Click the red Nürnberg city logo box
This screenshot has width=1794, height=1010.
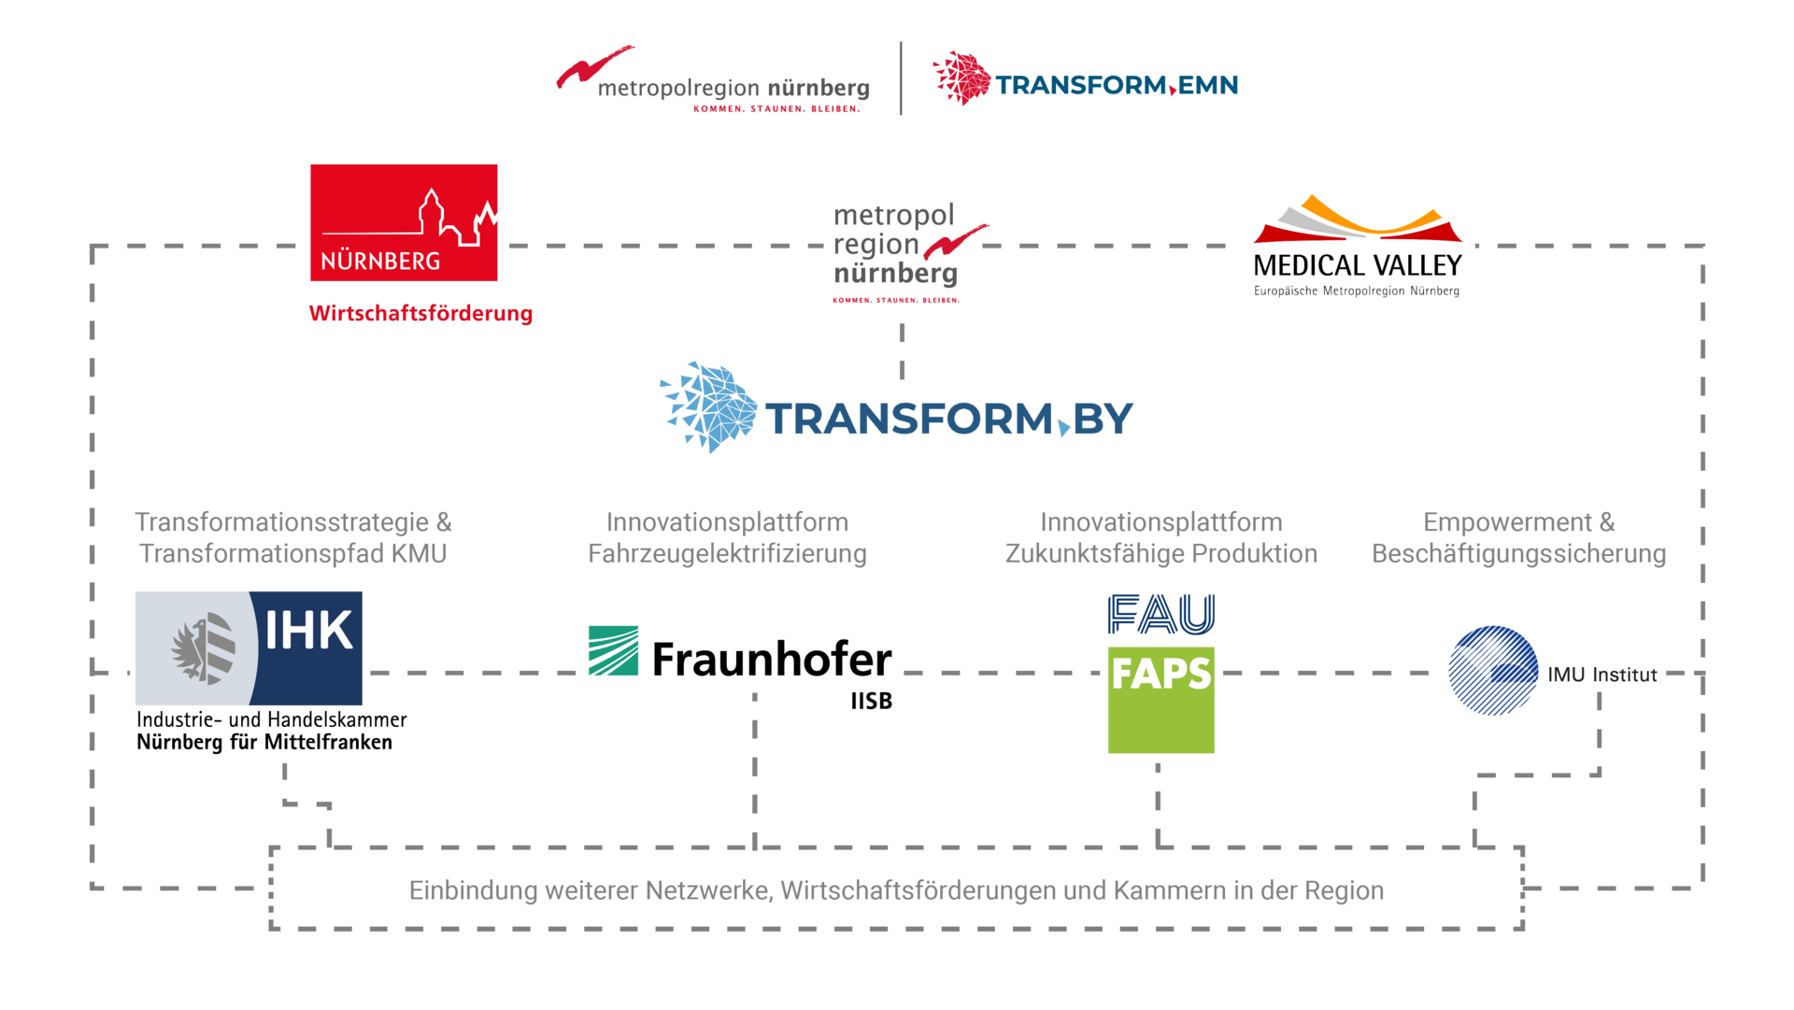[x=404, y=222]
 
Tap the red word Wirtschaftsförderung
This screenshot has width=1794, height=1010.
[x=420, y=313]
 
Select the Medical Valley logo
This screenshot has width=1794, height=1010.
[x=1358, y=246]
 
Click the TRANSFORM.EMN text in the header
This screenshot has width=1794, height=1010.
[x=1117, y=85]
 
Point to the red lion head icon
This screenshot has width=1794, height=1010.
[x=961, y=78]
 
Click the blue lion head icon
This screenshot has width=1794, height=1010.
[x=709, y=407]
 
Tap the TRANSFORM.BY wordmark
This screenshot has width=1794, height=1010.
[x=949, y=419]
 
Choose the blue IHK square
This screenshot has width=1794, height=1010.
[x=306, y=648]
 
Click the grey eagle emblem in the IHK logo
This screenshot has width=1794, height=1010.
[x=203, y=647]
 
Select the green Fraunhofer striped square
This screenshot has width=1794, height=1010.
[x=613, y=650]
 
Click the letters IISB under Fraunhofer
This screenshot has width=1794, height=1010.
[x=871, y=701]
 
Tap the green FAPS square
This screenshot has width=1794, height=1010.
[x=1161, y=700]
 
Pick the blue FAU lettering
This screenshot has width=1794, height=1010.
[x=1161, y=614]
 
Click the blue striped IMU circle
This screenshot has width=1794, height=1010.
[x=1493, y=671]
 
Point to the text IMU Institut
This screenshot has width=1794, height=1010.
[x=1602, y=675]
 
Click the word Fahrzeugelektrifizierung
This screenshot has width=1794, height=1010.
[x=727, y=553]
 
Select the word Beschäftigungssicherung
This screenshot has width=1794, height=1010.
[x=1519, y=553]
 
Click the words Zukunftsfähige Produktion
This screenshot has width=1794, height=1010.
[x=1161, y=553]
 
